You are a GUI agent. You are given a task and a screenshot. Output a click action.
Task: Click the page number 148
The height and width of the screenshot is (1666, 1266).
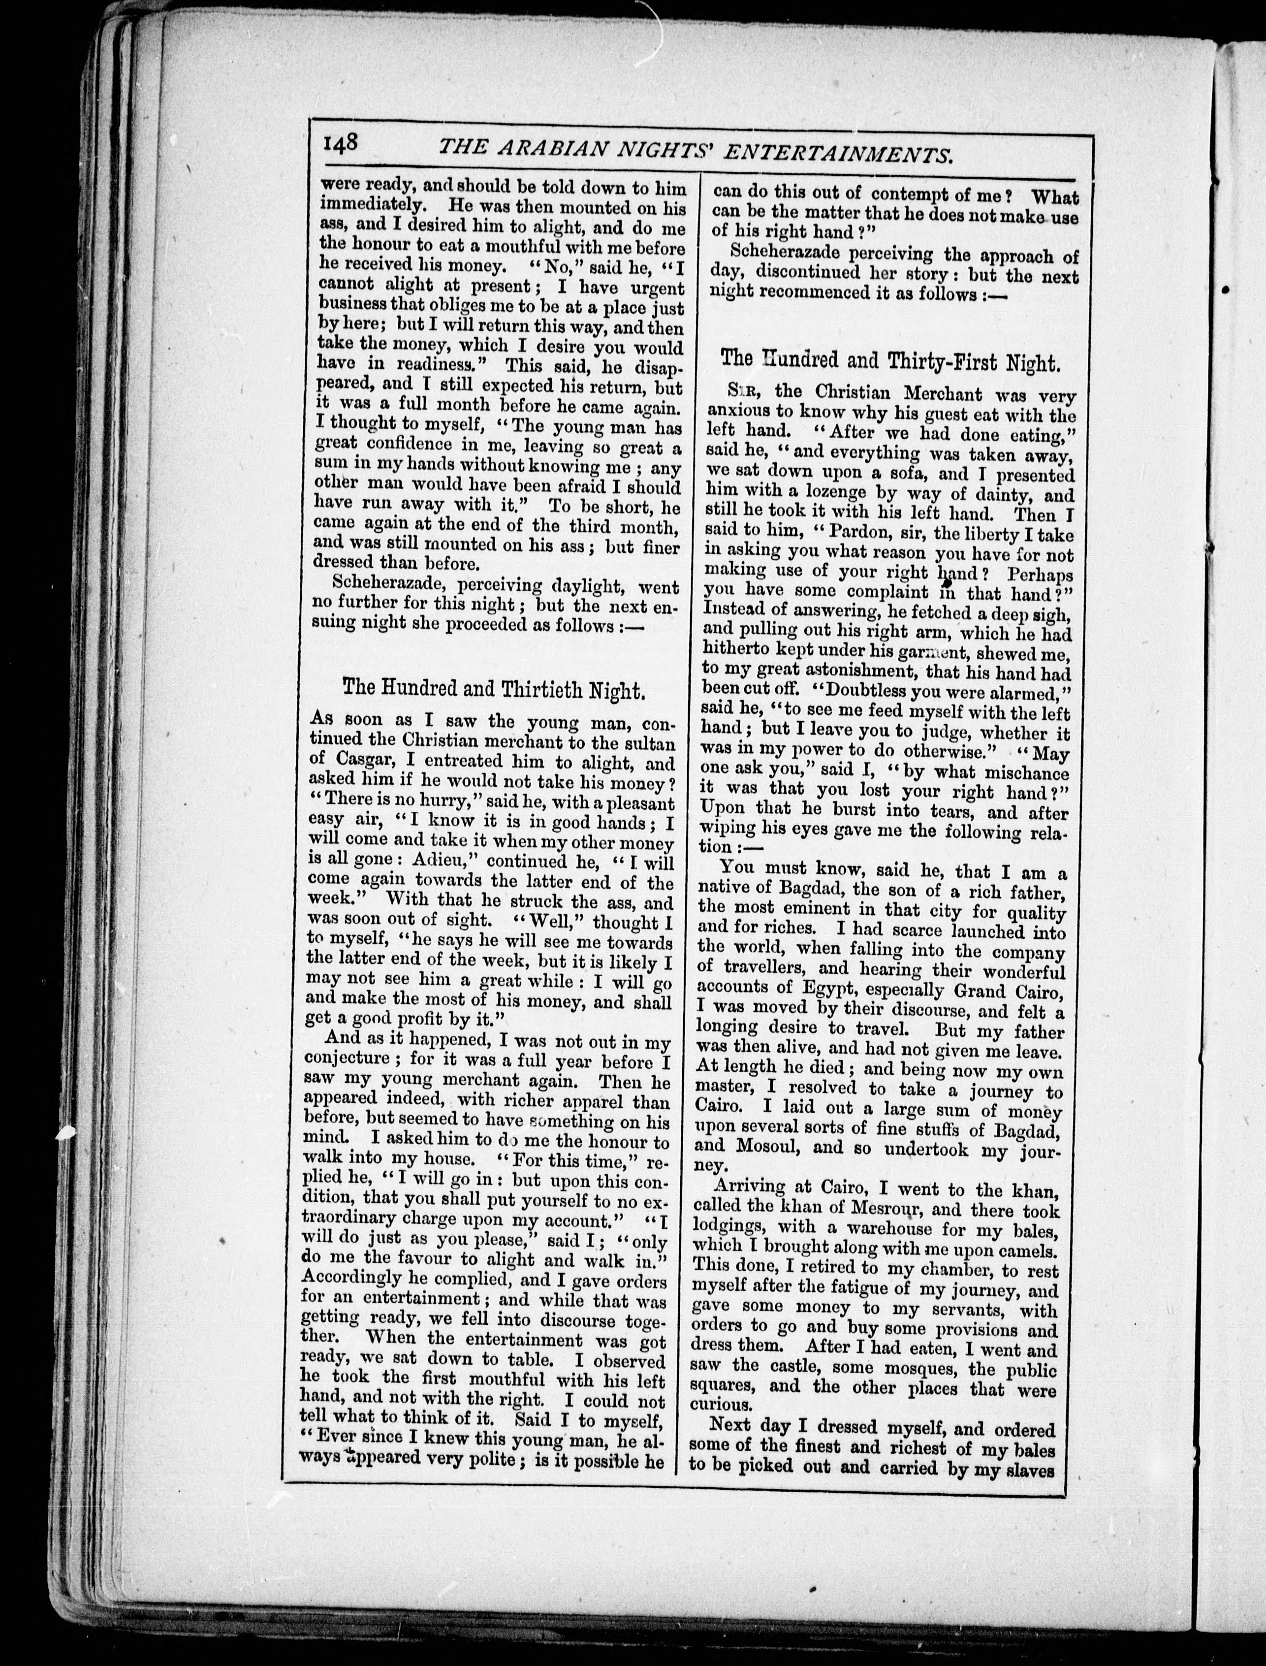click(341, 144)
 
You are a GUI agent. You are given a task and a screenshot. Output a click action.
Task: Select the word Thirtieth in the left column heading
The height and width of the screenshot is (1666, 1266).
click(520, 689)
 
